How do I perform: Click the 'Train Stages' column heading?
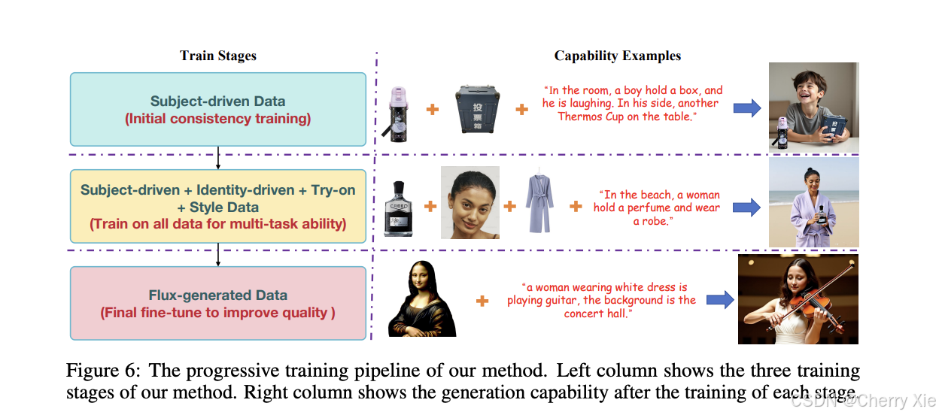click(x=218, y=56)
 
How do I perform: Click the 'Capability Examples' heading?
click(x=617, y=56)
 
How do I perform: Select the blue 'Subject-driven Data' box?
click(x=218, y=109)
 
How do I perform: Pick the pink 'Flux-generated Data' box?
click(x=218, y=304)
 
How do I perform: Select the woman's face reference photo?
click(x=469, y=203)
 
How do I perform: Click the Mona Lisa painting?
click(x=422, y=299)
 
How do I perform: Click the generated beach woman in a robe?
click(x=813, y=202)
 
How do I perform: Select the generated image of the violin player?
click(x=798, y=299)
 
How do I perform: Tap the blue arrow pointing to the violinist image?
click(x=719, y=300)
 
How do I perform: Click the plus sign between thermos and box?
click(x=433, y=110)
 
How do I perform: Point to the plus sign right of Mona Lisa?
click(x=482, y=301)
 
